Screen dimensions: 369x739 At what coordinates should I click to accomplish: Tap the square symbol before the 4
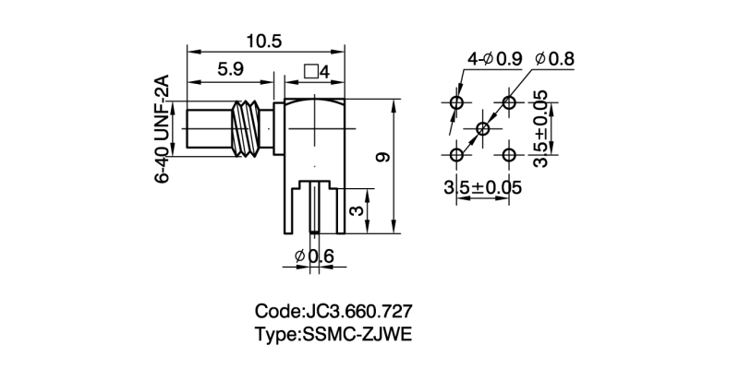310,70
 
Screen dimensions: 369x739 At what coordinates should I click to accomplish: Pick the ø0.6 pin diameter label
313,256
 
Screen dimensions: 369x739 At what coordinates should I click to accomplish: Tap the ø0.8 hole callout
553,59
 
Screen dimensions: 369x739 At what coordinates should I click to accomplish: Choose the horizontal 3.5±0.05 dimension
483,187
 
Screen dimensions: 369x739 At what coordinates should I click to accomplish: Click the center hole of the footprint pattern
482,127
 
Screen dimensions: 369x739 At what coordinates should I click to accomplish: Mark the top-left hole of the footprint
456,102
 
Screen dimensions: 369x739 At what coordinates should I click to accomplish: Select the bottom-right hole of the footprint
508,153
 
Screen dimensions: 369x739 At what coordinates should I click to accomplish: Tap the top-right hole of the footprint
508,102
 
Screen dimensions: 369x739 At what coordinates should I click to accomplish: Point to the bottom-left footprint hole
456,153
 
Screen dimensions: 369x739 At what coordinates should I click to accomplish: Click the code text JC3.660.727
340,311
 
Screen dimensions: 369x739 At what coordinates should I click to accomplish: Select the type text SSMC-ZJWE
340,333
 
